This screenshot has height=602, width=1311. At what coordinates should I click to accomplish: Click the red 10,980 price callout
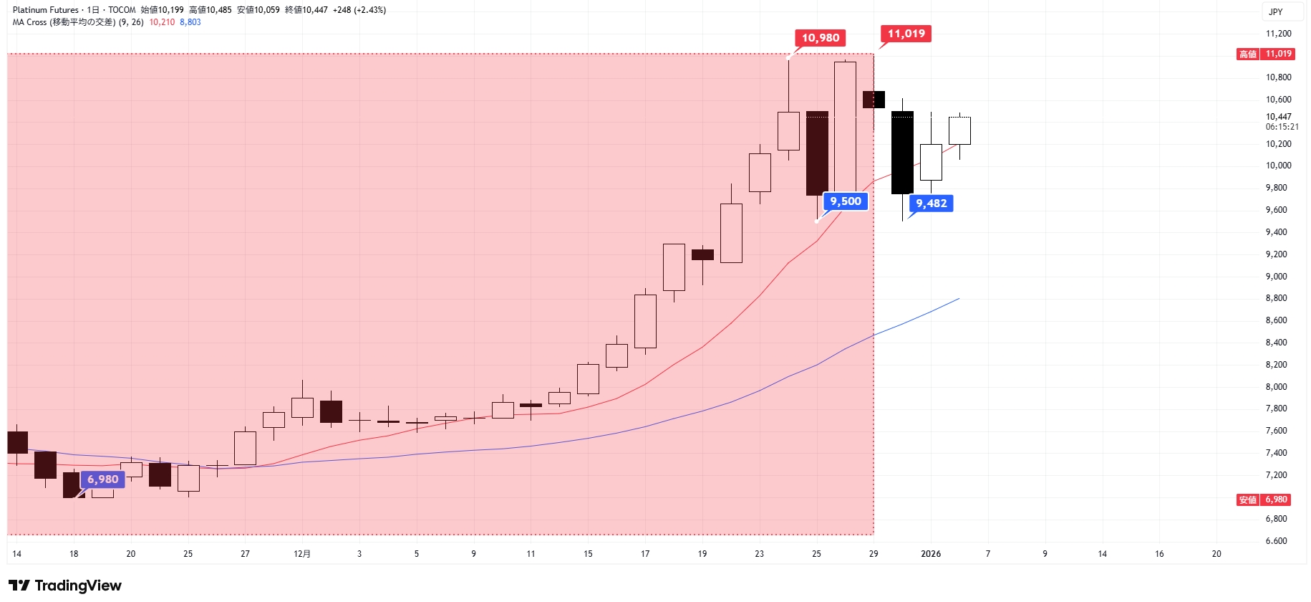click(820, 38)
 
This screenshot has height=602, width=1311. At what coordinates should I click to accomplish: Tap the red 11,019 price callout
click(906, 34)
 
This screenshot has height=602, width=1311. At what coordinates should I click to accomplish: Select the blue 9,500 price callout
click(846, 201)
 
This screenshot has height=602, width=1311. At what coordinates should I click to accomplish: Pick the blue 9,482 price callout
click(931, 204)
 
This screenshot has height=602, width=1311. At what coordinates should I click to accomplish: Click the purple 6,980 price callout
click(103, 479)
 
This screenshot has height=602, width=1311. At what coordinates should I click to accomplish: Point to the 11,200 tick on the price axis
click(1278, 34)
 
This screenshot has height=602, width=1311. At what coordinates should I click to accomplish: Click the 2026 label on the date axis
click(931, 554)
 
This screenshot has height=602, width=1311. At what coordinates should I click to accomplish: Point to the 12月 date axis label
click(302, 554)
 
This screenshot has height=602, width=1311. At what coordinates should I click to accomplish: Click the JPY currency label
click(1275, 12)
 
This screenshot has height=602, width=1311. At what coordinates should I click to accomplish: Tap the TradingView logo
click(65, 586)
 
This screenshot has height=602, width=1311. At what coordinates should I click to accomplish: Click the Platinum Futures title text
click(46, 10)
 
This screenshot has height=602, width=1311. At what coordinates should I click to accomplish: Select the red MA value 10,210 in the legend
click(162, 22)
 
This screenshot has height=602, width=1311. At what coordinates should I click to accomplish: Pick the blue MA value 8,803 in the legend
click(190, 22)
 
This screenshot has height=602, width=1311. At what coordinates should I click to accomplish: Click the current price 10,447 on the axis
click(1278, 117)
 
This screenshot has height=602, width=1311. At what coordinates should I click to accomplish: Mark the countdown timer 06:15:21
click(1282, 127)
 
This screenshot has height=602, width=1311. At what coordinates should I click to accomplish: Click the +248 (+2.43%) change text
click(359, 10)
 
